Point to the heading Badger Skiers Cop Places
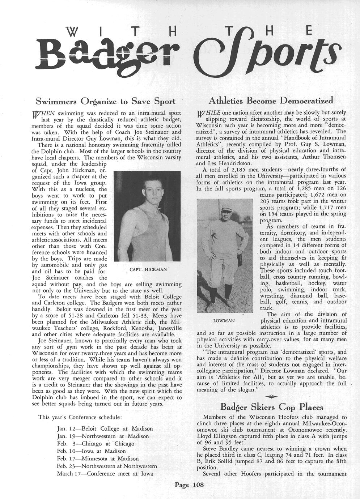[272, 407]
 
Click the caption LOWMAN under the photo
[224, 321]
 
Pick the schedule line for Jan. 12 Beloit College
[105, 428]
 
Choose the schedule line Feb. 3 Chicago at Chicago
[96, 443]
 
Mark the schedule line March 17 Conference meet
[105, 473]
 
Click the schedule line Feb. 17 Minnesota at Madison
[98, 459]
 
